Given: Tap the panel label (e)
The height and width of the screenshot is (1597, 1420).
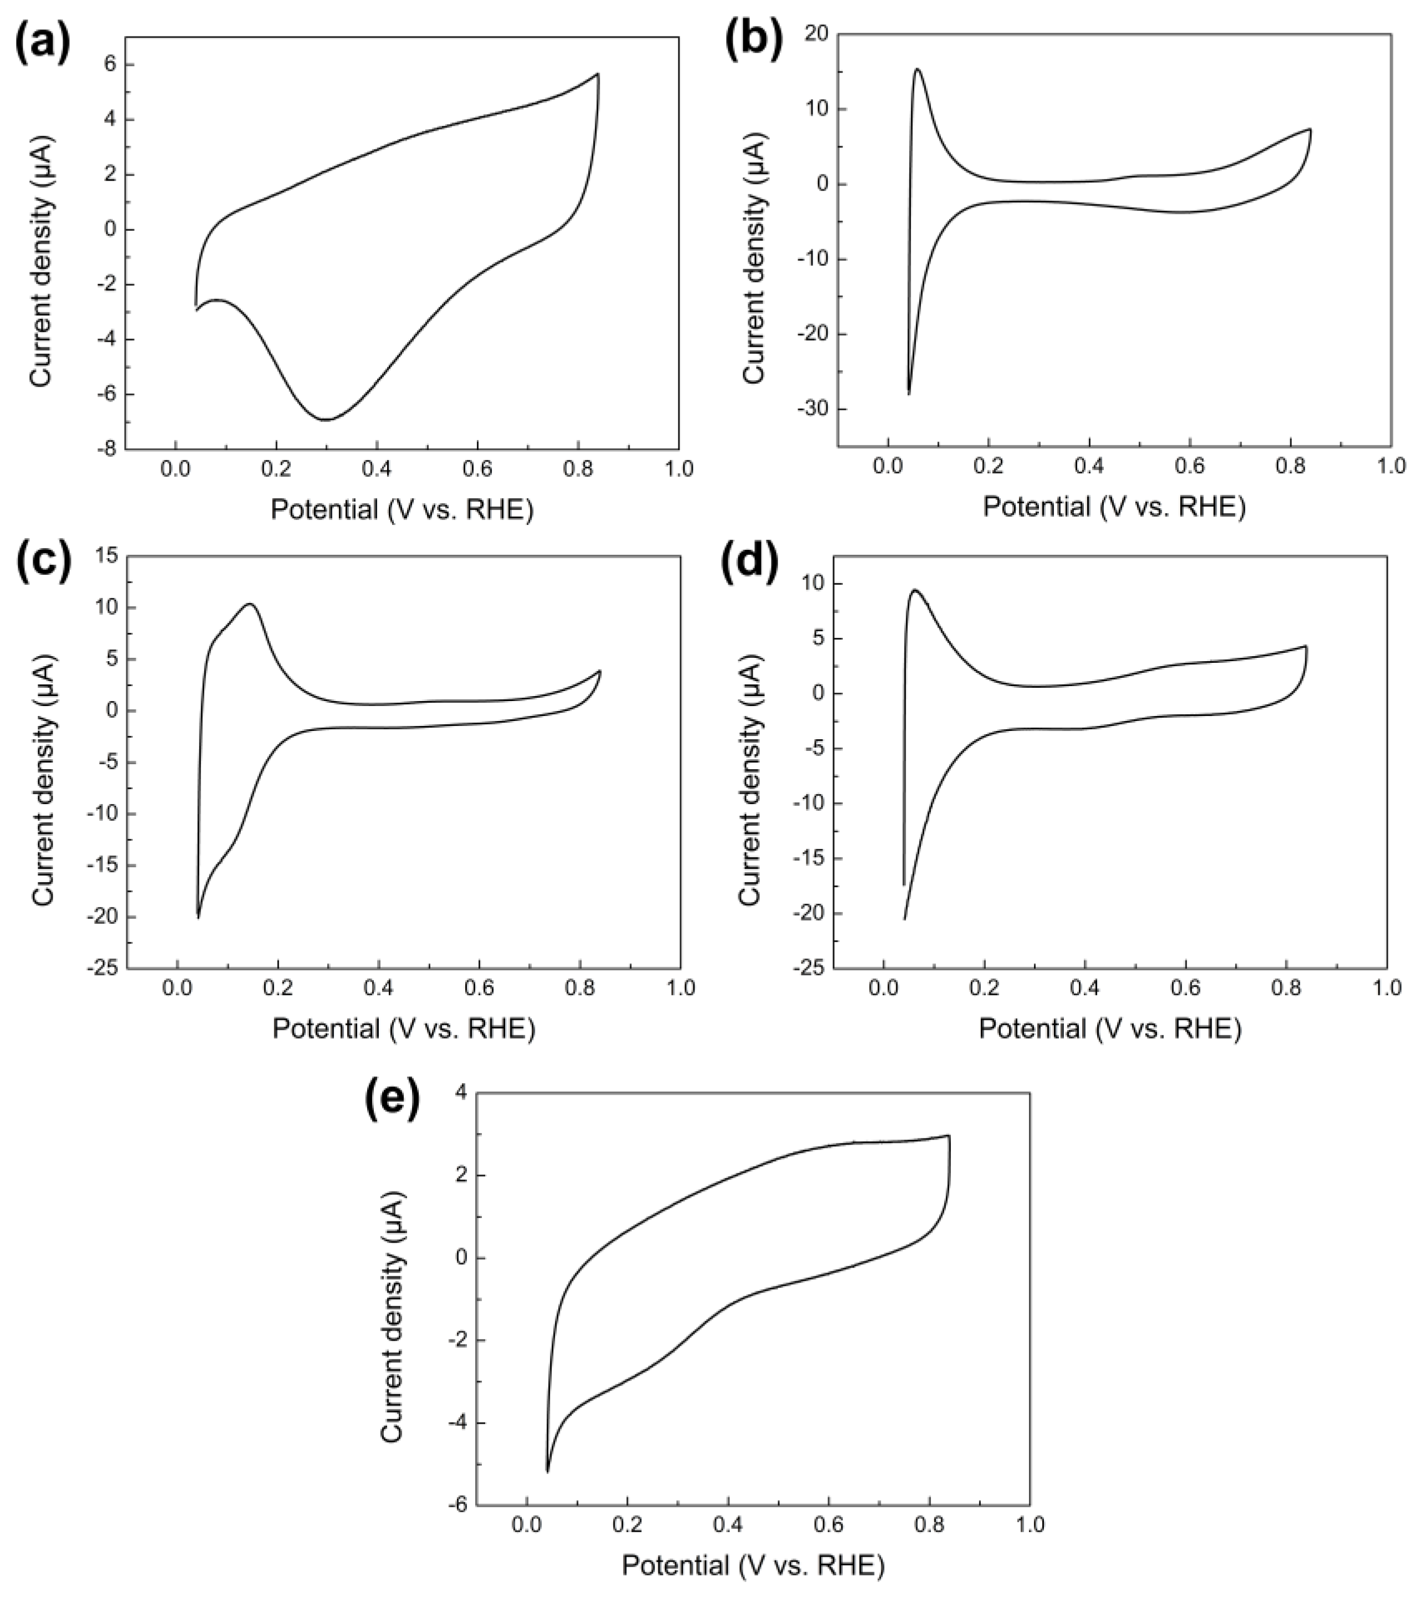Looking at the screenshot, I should (392, 1103).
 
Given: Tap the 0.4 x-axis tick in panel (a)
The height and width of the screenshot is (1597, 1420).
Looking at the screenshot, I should (377, 470).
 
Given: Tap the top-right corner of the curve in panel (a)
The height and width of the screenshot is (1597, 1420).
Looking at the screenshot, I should (598, 74).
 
